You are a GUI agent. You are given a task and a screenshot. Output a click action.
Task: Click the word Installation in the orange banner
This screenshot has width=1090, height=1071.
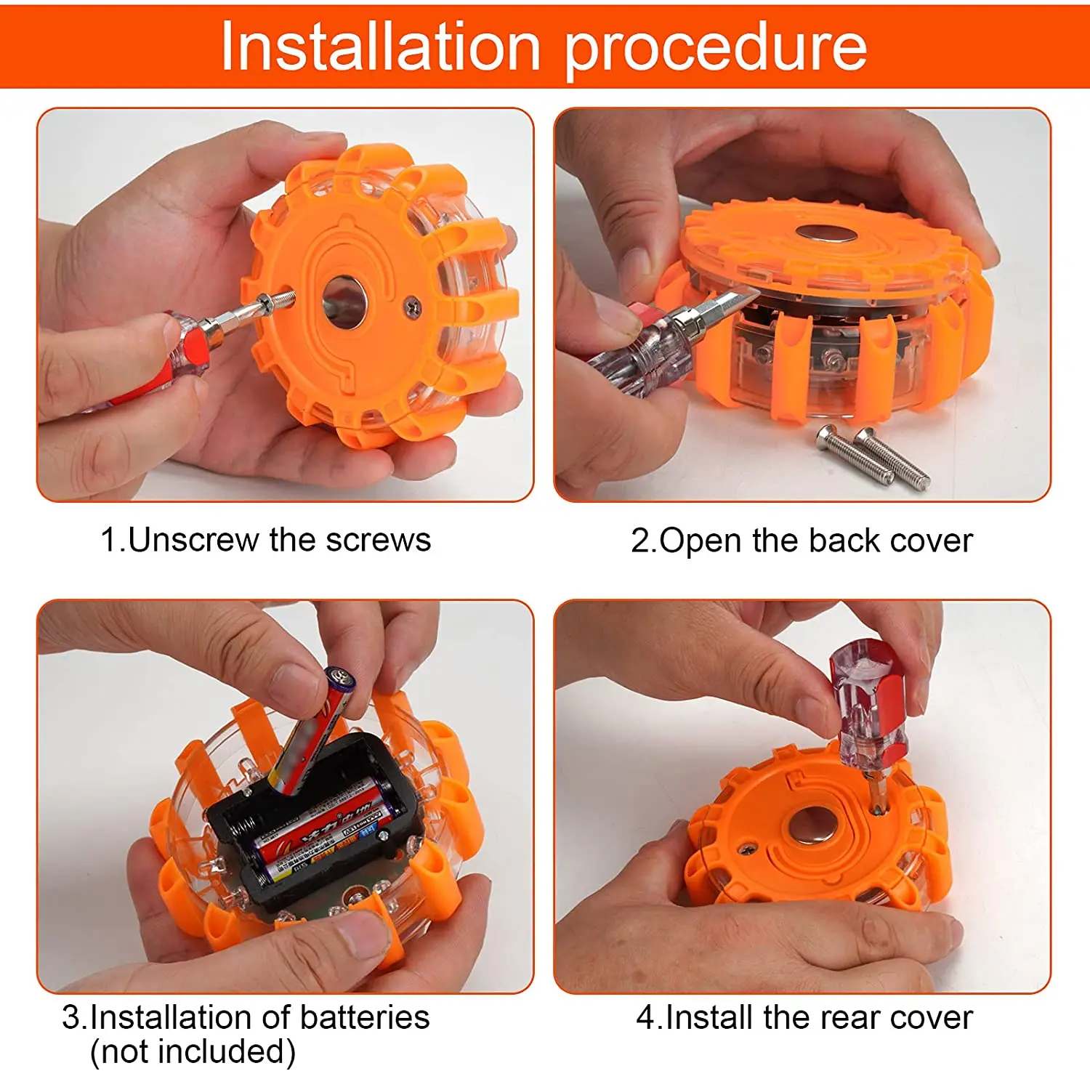point(381,47)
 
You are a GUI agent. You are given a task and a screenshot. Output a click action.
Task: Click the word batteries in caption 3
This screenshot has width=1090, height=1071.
point(364,1017)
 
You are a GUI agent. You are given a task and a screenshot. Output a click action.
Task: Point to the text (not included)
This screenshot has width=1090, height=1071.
point(193,1051)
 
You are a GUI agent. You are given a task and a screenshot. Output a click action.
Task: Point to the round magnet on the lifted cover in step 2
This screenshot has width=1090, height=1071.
point(827,234)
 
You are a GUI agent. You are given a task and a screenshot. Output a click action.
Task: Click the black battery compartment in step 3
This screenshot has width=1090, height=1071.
point(312,821)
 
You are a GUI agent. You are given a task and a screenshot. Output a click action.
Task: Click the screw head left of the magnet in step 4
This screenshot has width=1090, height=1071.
point(746,847)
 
